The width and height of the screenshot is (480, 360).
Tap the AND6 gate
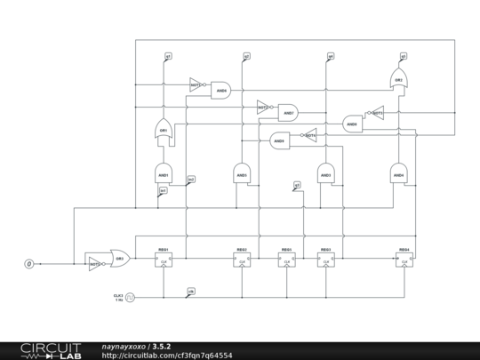[220, 89]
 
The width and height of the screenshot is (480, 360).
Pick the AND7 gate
[288, 112]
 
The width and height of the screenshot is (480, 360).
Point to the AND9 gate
[279, 140]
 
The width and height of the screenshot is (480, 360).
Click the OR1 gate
[163, 130]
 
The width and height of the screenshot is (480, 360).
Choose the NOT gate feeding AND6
[196, 85]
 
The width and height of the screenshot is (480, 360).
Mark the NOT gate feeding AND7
[263, 108]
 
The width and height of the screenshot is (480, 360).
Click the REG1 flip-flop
[164, 260]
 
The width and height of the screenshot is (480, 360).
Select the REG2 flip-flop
[242, 260]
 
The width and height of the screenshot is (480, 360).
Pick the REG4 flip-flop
[404, 260]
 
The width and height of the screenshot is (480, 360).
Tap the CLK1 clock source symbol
[130, 297]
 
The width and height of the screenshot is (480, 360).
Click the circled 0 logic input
[28, 264]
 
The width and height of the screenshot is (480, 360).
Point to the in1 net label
[163, 191]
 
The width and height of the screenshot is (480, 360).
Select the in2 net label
[191, 180]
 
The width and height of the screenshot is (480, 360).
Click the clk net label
[191, 291]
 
